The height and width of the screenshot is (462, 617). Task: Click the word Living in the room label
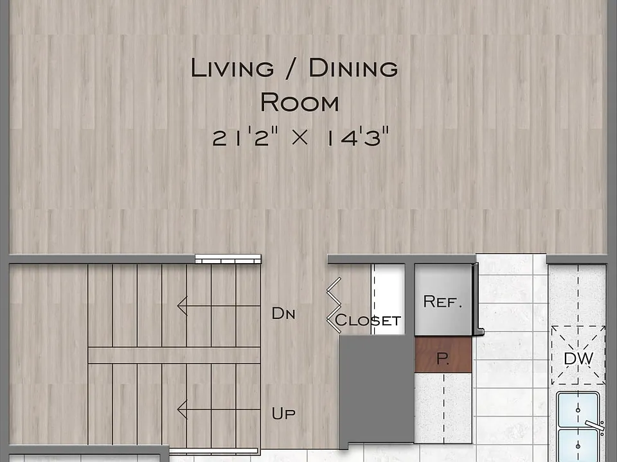[x=232, y=68]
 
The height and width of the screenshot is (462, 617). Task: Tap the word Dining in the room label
[x=353, y=68]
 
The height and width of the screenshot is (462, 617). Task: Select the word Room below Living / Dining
[x=300, y=102]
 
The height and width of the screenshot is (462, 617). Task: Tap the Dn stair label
[x=283, y=314]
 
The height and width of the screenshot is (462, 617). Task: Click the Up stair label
[x=283, y=413]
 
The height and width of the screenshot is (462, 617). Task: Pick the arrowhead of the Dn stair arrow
[x=182, y=305]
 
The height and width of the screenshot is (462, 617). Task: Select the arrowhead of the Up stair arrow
[x=182, y=409]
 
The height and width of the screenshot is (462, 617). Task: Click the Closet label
[x=368, y=321]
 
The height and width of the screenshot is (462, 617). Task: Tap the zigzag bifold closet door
[x=334, y=305]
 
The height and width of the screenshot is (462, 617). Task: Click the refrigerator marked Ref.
[x=443, y=300]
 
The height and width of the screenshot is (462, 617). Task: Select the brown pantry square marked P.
[x=443, y=355]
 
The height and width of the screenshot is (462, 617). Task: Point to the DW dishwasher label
[x=578, y=358]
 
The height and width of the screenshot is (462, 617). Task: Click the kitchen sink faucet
[x=595, y=425]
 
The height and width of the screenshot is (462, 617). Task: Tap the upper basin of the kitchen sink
[x=578, y=410]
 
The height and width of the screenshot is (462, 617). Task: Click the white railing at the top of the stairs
[x=228, y=259]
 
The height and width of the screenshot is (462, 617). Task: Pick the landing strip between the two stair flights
[x=174, y=355]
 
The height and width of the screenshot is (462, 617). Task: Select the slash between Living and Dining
[x=292, y=69]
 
